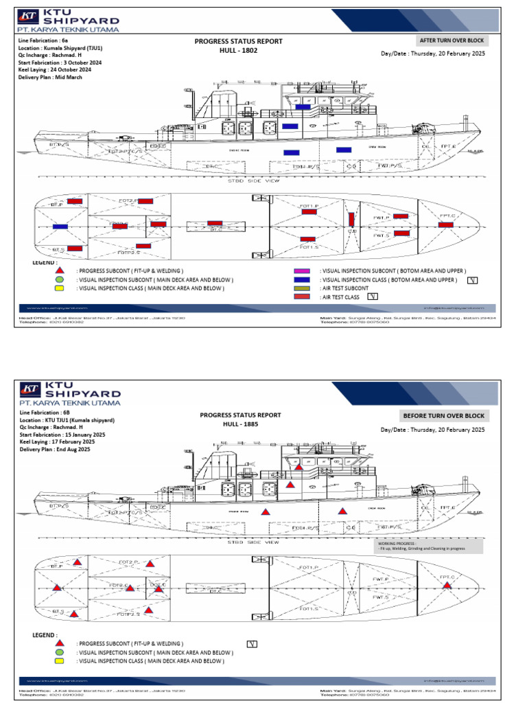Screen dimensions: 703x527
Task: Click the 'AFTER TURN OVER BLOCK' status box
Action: click(453, 41)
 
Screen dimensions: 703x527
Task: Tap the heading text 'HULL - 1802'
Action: click(239, 51)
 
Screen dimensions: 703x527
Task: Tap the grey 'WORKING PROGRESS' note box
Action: click(429, 546)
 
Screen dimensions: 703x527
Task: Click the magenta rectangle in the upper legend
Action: click(303, 271)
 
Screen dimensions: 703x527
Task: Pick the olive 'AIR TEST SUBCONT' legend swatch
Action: click(303, 288)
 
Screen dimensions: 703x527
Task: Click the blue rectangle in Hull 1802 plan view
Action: click(60, 226)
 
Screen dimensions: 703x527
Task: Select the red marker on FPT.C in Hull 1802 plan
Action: click(445, 224)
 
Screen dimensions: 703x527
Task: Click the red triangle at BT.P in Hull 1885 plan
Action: click(78, 562)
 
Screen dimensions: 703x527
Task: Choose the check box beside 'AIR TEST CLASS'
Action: click(373, 297)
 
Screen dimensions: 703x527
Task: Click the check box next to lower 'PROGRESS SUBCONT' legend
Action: click(252, 643)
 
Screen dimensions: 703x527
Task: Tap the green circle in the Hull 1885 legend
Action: click(60, 652)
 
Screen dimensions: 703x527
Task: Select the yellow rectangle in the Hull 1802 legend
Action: click(60, 288)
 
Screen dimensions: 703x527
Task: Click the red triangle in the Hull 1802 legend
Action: click(60, 271)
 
